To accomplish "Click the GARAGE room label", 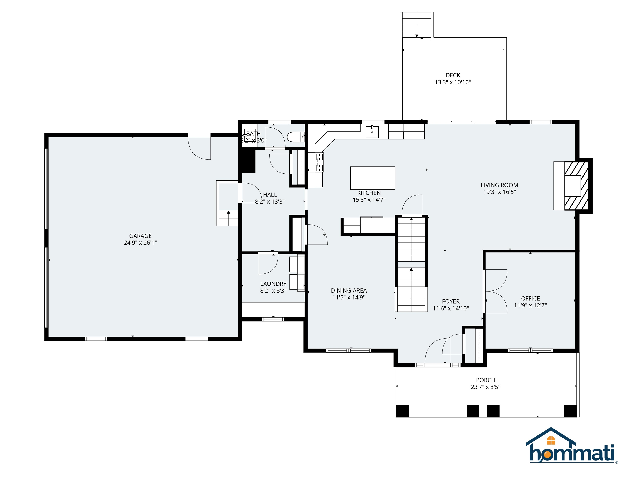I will coord(140,236).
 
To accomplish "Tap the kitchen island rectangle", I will coord(372,178).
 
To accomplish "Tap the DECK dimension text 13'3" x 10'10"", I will coord(452,82).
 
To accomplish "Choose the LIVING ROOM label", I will coord(499,185).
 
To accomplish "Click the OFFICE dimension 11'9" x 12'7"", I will coord(530,305).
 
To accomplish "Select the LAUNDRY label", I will coord(273,284).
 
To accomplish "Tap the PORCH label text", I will coord(485,380).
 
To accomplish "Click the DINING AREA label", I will coord(349,291).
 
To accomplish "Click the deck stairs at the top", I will coord(416,24).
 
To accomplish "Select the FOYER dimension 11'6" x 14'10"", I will coord(451,309).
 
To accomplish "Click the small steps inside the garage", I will coord(228,218).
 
